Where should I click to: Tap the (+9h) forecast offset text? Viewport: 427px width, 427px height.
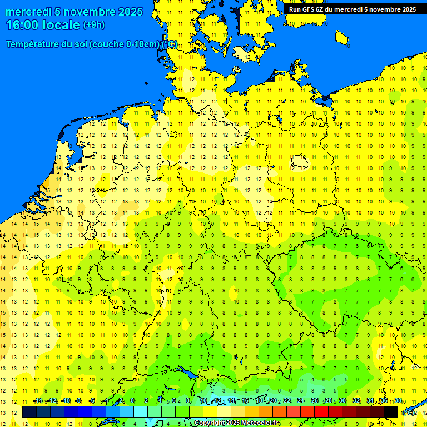click(x=93, y=25)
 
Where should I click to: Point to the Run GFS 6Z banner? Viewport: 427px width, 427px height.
click(x=352, y=9)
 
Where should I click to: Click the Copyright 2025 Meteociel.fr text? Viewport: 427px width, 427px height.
click(x=237, y=423)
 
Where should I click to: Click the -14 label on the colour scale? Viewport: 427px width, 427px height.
click(x=38, y=400)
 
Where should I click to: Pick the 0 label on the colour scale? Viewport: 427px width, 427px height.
click(x=132, y=400)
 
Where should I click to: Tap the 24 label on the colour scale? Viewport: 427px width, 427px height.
click(x=301, y=400)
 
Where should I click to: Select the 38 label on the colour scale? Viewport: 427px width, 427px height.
click(x=398, y=400)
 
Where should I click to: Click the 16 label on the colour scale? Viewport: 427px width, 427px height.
click(x=245, y=400)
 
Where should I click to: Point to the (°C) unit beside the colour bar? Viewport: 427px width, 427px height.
click(x=408, y=413)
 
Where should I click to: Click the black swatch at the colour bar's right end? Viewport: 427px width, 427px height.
click(x=391, y=412)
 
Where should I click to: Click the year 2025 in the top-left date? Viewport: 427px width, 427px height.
click(x=127, y=12)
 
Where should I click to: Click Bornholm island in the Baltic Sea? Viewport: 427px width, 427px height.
click(x=342, y=38)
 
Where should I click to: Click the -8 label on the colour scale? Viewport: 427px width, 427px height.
click(x=78, y=400)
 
